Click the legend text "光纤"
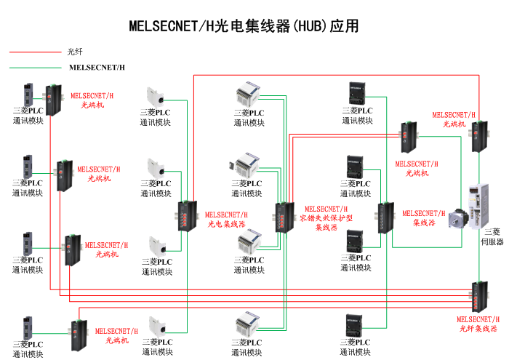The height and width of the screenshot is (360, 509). (75, 52)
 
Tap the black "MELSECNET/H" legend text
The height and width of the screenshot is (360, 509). (97, 68)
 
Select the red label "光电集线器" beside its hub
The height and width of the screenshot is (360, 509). (226, 224)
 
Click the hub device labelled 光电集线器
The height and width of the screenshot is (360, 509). (185, 216)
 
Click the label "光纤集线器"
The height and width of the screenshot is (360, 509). (478, 329)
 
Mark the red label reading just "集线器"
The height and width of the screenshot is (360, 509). (424, 223)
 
